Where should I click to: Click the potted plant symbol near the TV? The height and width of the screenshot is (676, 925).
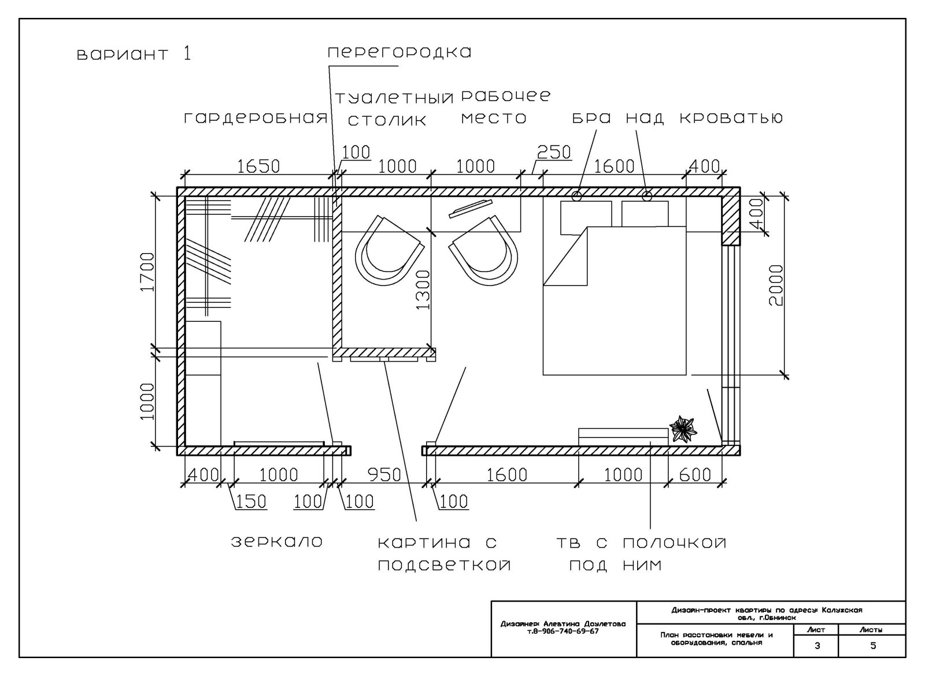[x=683, y=429]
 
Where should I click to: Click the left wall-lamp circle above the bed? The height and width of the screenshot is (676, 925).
[x=576, y=196]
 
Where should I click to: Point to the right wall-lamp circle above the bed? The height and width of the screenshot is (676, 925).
[x=647, y=196]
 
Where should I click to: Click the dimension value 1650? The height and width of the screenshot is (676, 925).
[x=258, y=166]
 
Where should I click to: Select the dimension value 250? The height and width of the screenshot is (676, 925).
[x=554, y=153]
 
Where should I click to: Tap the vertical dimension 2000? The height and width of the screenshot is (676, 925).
[x=776, y=285]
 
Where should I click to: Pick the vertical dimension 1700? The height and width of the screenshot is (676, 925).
[x=147, y=272]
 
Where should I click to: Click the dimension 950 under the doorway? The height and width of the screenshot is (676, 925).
[x=384, y=475]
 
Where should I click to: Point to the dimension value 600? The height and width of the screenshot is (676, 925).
[x=695, y=475]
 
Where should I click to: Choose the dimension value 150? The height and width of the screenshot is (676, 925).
[x=251, y=502]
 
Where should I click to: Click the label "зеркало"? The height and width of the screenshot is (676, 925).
[x=277, y=542]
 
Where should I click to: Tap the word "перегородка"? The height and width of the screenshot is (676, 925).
[x=399, y=53]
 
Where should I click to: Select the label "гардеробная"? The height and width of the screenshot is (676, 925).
[x=256, y=118]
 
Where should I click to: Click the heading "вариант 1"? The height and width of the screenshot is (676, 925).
[x=134, y=54]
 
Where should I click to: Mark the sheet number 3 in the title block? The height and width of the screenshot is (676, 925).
[x=817, y=647]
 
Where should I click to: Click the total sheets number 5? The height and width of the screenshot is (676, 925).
[x=873, y=647]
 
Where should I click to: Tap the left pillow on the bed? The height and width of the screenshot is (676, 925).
[x=586, y=218]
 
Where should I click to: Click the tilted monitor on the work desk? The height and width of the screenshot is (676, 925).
[x=471, y=209]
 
